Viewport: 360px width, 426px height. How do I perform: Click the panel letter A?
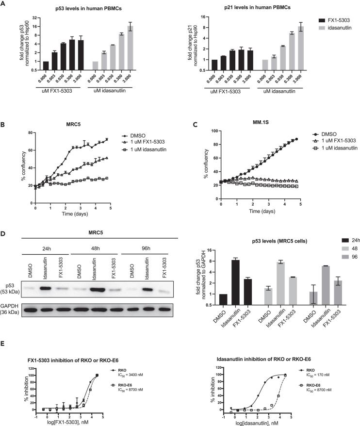3,4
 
